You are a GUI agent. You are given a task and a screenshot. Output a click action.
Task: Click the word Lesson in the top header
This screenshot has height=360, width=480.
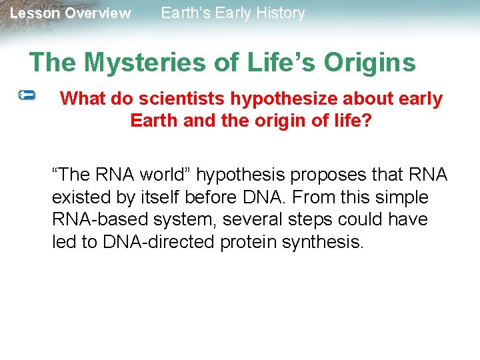click(35, 13)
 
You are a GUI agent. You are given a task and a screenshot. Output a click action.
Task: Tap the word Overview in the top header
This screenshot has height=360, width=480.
click(98, 13)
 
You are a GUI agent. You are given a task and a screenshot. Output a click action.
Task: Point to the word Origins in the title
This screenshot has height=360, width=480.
click(369, 63)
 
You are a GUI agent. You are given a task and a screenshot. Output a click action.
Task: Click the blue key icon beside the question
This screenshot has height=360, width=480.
click(27, 96)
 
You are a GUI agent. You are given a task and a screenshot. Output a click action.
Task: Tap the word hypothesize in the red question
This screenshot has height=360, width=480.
click(285, 99)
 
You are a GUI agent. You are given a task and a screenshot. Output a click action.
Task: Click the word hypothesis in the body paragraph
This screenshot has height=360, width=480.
click(236, 175)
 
